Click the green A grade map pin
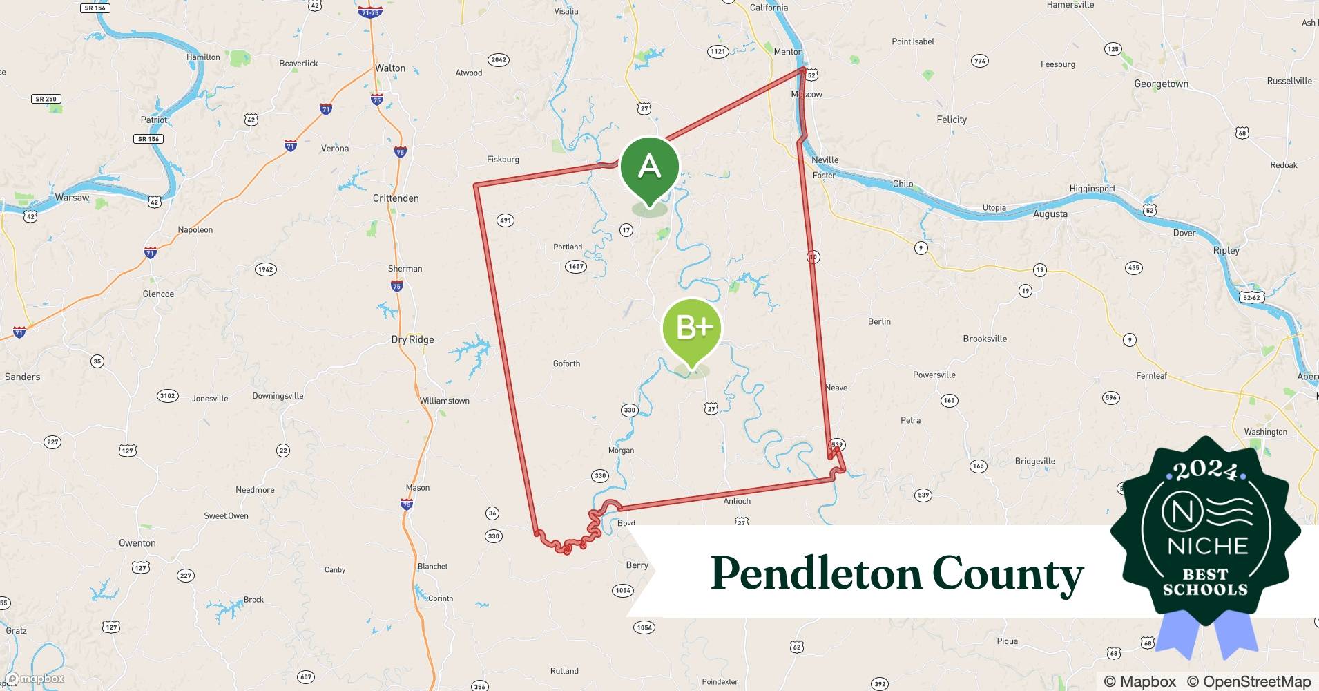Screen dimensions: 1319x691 pos(649,167)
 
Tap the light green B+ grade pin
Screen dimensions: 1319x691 pos(692,328)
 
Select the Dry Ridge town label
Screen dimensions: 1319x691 pos(412,339)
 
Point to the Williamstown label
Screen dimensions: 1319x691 pos(444,401)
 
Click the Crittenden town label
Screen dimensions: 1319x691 pos(396,198)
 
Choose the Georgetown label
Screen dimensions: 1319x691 pos(1161,84)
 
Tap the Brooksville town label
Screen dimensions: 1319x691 pos(985,339)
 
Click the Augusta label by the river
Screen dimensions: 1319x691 pos(1050,214)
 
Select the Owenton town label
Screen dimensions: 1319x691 pos(137,543)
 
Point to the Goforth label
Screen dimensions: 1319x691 pos(566,363)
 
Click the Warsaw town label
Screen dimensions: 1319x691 pos(72,198)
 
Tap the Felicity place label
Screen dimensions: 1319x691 pos(951,120)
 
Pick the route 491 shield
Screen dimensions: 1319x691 pos(505,220)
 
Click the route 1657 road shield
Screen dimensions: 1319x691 pos(575,266)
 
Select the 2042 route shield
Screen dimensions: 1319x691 pos(499,59)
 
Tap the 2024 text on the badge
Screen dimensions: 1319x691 pos(1205,471)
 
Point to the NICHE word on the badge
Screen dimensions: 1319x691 pos(1207,546)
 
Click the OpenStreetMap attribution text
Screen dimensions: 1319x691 pos(1249,681)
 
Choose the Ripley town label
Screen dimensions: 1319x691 pos(1226,250)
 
